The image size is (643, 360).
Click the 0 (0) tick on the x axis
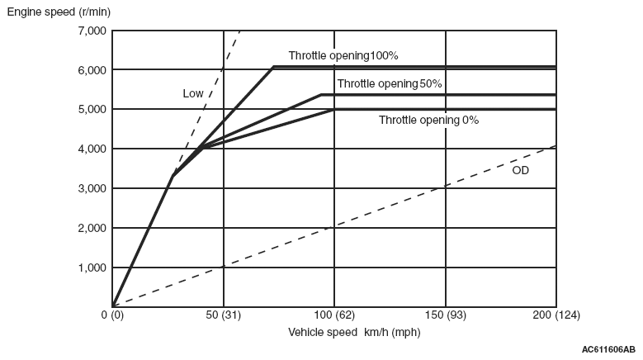click(x=112, y=315)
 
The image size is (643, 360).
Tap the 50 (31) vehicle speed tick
click(x=223, y=315)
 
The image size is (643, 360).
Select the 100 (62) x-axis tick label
click(x=333, y=315)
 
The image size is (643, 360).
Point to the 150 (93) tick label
click(x=445, y=315)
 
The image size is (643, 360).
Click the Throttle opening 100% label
click(x=343, y=56)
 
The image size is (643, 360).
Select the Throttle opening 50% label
click(x=390, y=83)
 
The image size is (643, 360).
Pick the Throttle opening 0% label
click(x=428, y=120)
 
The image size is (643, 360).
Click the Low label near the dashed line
click(x=192, y=93)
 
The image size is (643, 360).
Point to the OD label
click(x=520, y=170)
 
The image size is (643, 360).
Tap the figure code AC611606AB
click(x=608, y=349)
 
